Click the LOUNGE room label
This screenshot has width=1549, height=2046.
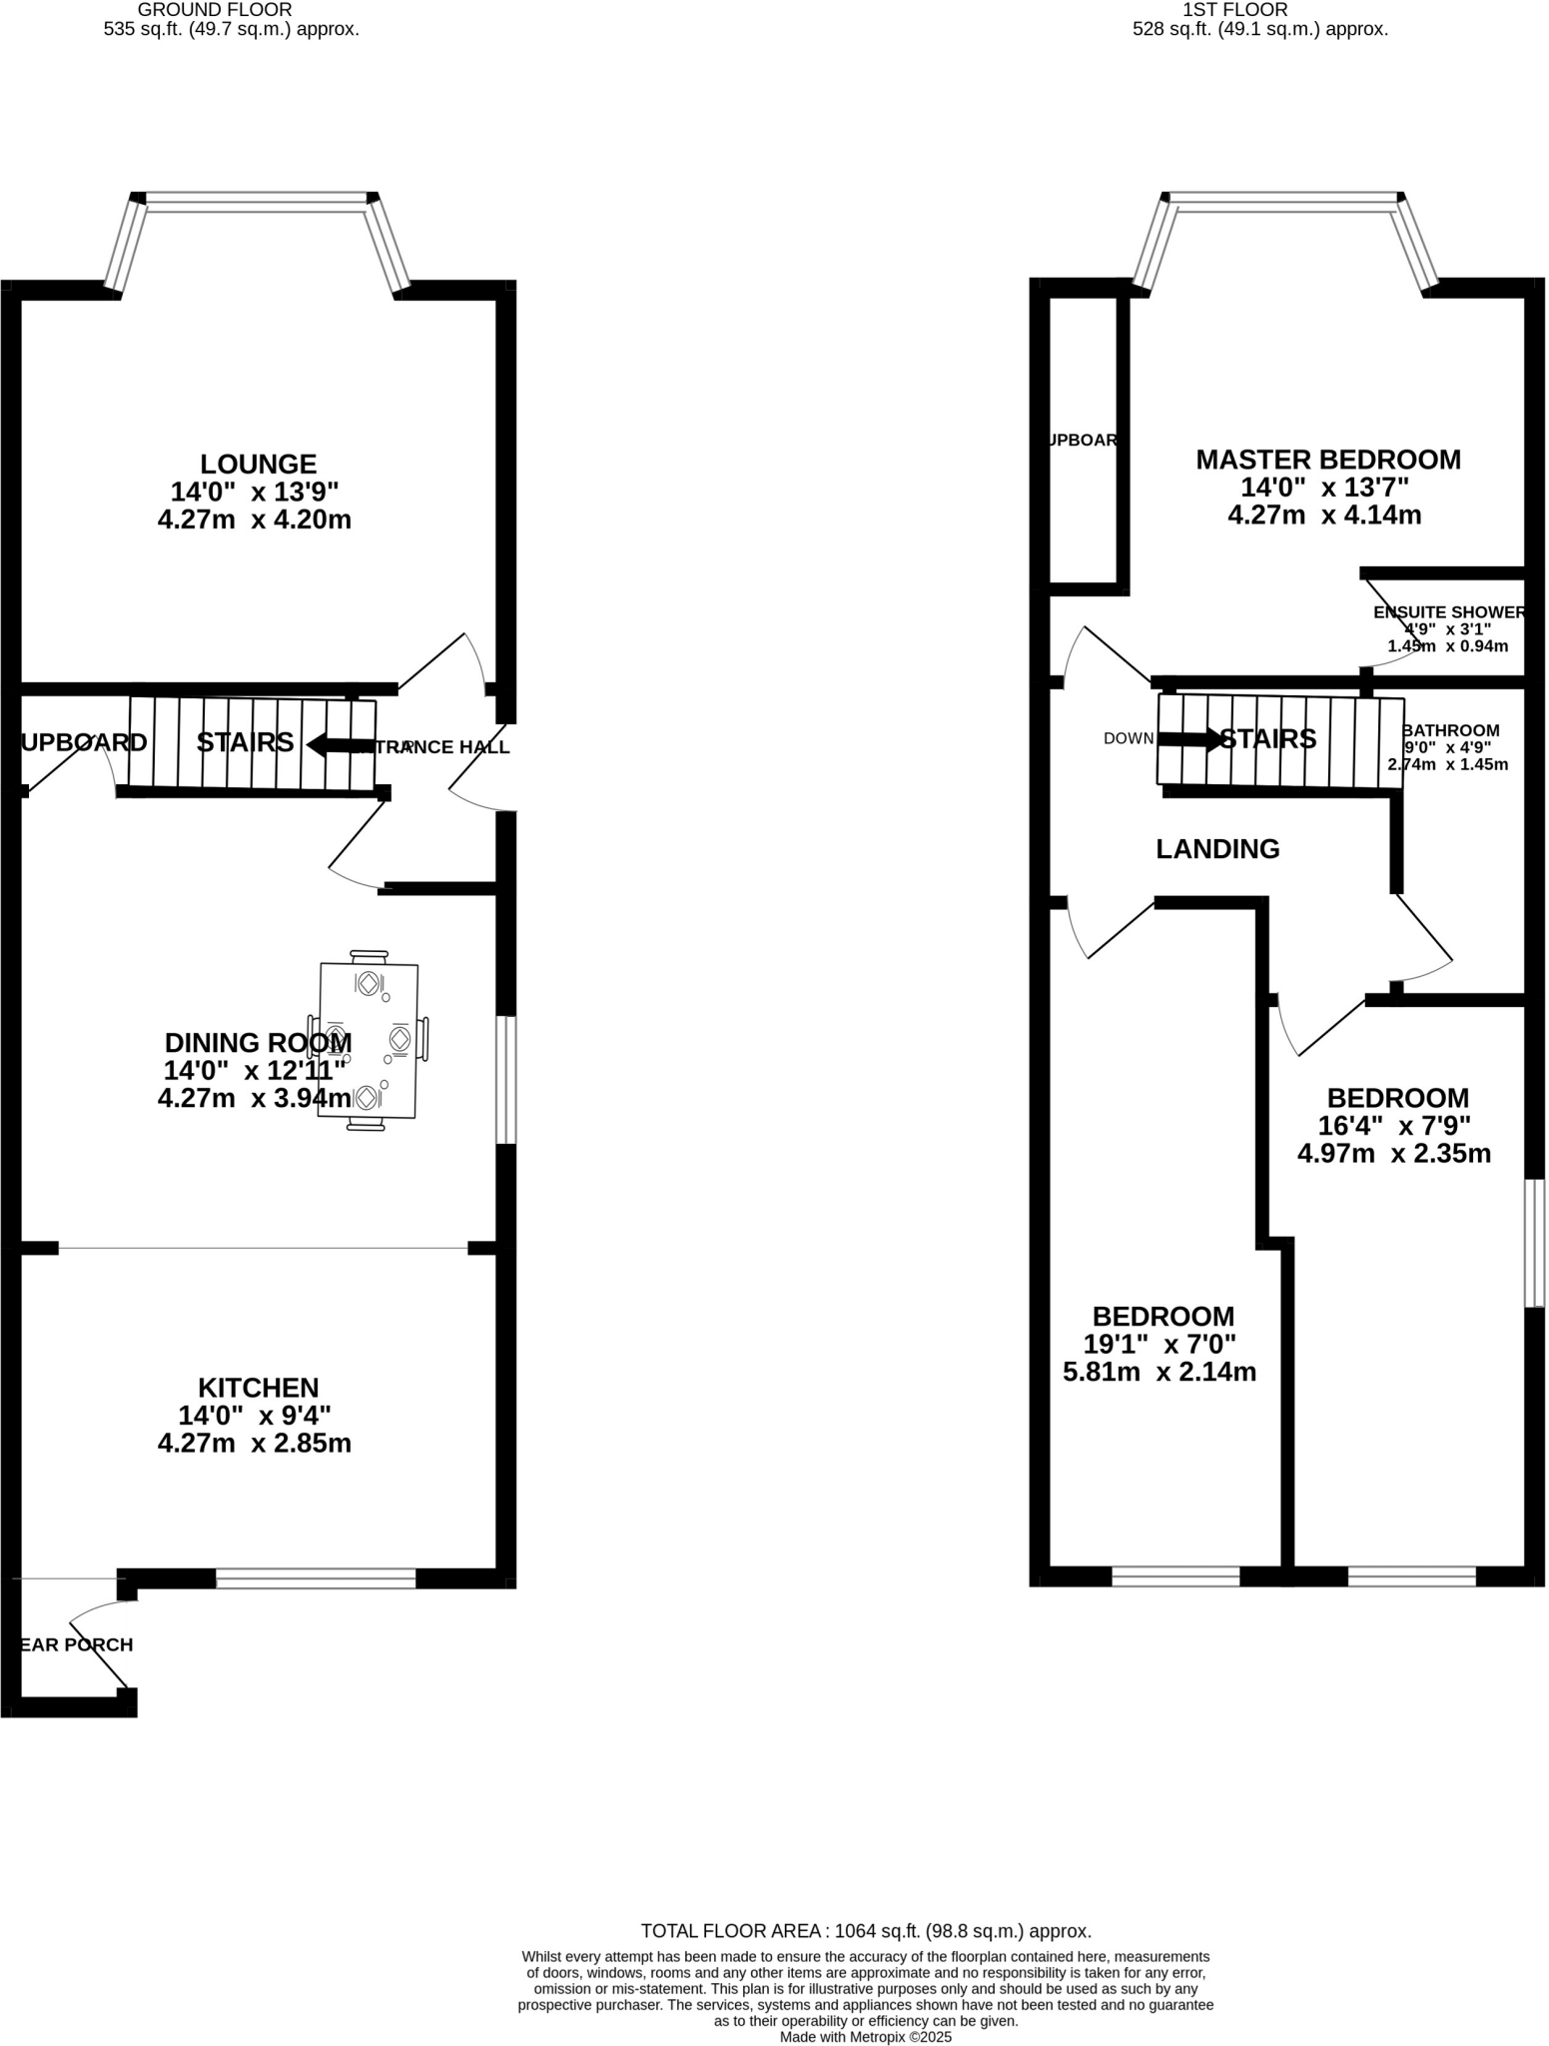coord(258,464)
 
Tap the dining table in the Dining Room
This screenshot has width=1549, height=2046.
coord(369,1039)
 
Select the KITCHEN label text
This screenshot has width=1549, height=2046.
coord(258,1388)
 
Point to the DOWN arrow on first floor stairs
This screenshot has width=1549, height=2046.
coord(1188,739)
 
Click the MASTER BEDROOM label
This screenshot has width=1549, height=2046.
coord(1327,460)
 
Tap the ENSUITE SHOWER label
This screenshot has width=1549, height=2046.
coord(1448,612)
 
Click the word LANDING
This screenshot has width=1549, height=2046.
coord(1216,849)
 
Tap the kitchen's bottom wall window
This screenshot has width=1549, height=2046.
coord(316,1578)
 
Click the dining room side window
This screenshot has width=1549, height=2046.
coord(506,1079)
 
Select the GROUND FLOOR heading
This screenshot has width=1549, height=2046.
coord(215,10)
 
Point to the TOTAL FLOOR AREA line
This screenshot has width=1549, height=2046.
coord(865,1931)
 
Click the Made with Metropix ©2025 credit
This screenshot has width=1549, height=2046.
coord(865,2036)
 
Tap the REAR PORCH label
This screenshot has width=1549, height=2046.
coord(77,1644)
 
